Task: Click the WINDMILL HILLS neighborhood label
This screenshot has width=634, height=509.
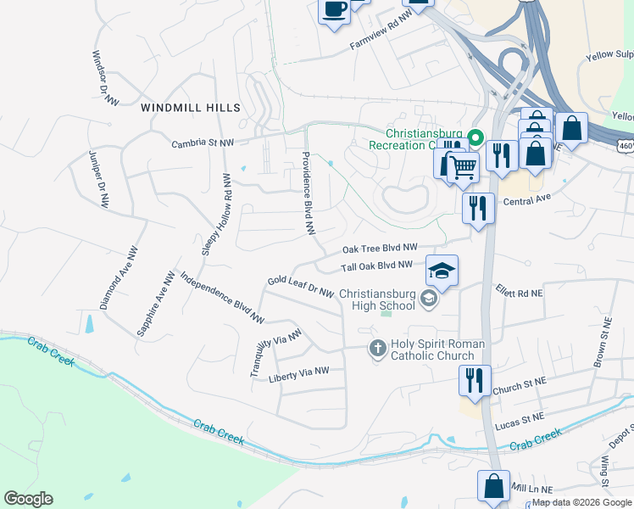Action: coord(191,108)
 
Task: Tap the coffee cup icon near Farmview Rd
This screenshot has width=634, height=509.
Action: coord(333,10)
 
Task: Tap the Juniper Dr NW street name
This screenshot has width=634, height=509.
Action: coord(99,179)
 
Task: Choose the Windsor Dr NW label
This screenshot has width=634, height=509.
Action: coord(104,77)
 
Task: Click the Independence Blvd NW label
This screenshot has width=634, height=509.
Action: coord(223,298)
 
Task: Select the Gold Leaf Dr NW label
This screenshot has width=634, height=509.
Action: coord(300,286)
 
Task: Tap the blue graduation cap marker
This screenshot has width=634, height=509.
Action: coord(442,271)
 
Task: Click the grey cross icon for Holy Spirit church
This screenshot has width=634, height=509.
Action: coord(378,349)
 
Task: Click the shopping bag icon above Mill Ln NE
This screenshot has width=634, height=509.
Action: coord(493,486)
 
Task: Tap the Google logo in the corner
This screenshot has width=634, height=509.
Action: coord(28,499)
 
